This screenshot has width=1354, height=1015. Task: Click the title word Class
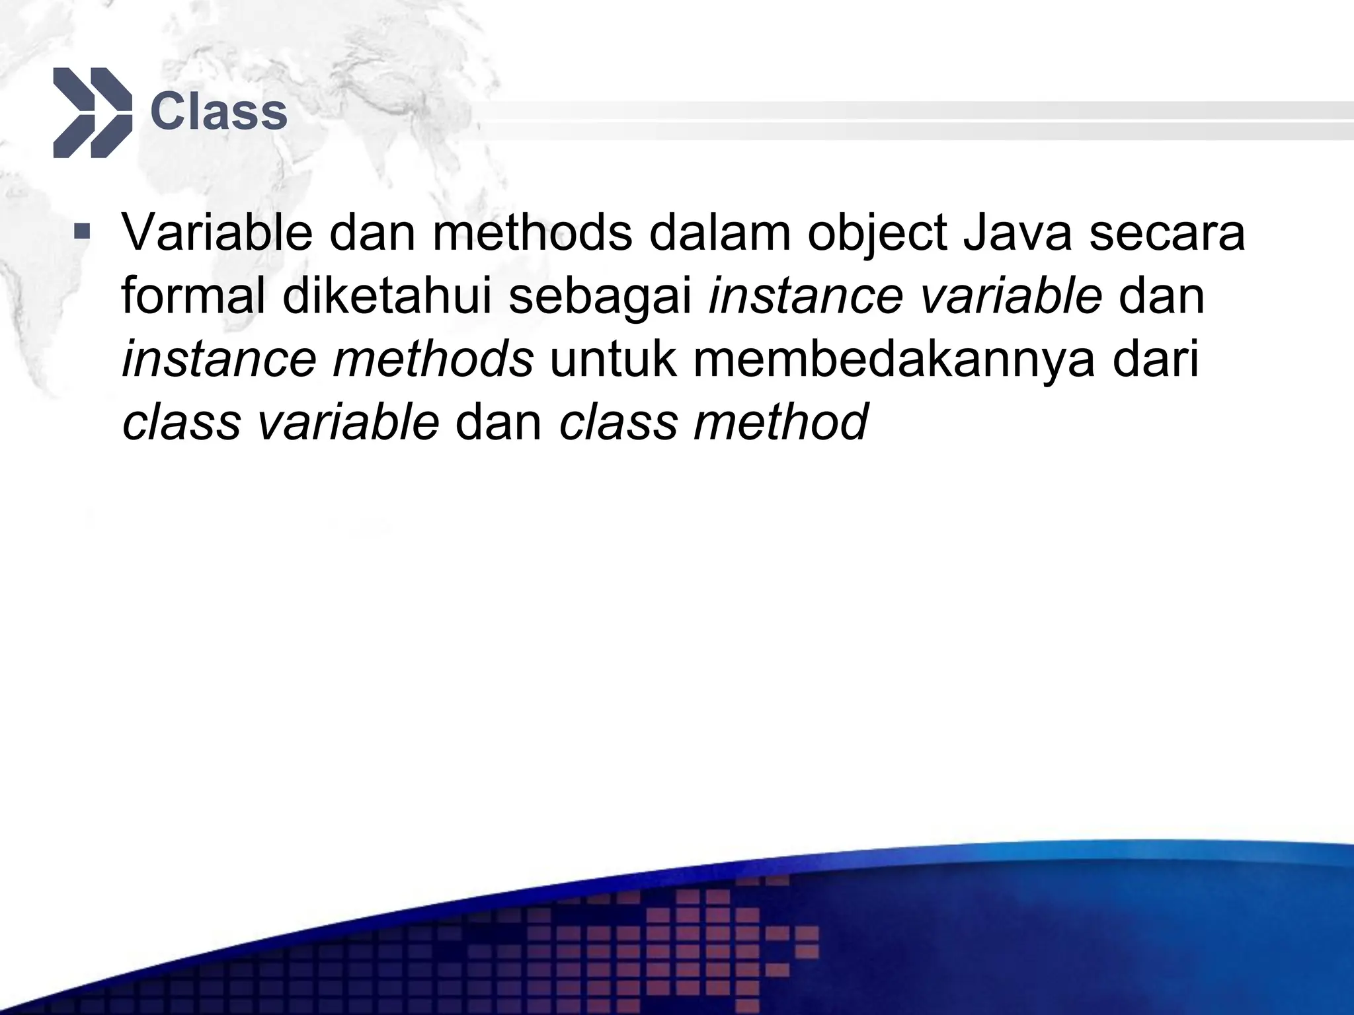[x=219, y=112]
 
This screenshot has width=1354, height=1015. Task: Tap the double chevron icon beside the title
[x=92, y=112]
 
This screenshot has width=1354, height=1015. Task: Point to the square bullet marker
[x=82, y=232]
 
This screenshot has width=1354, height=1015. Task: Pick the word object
[x=876, y=235]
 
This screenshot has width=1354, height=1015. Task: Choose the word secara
[x=1167, y=235]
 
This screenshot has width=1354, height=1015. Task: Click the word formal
[x=194, y=295]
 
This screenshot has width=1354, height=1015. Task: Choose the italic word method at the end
[x=779, y=422]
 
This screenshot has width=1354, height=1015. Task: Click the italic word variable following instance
[x=1011, y=295]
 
